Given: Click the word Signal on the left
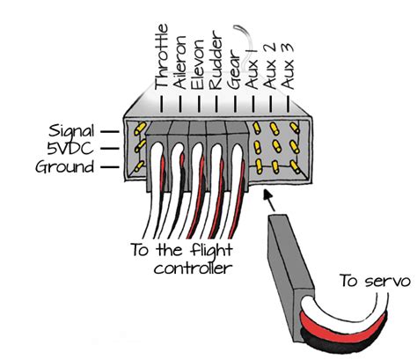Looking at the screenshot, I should tap(66, 129).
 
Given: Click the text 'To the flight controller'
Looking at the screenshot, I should tap(184, 259).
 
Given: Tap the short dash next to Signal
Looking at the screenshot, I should tap(106, 129).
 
